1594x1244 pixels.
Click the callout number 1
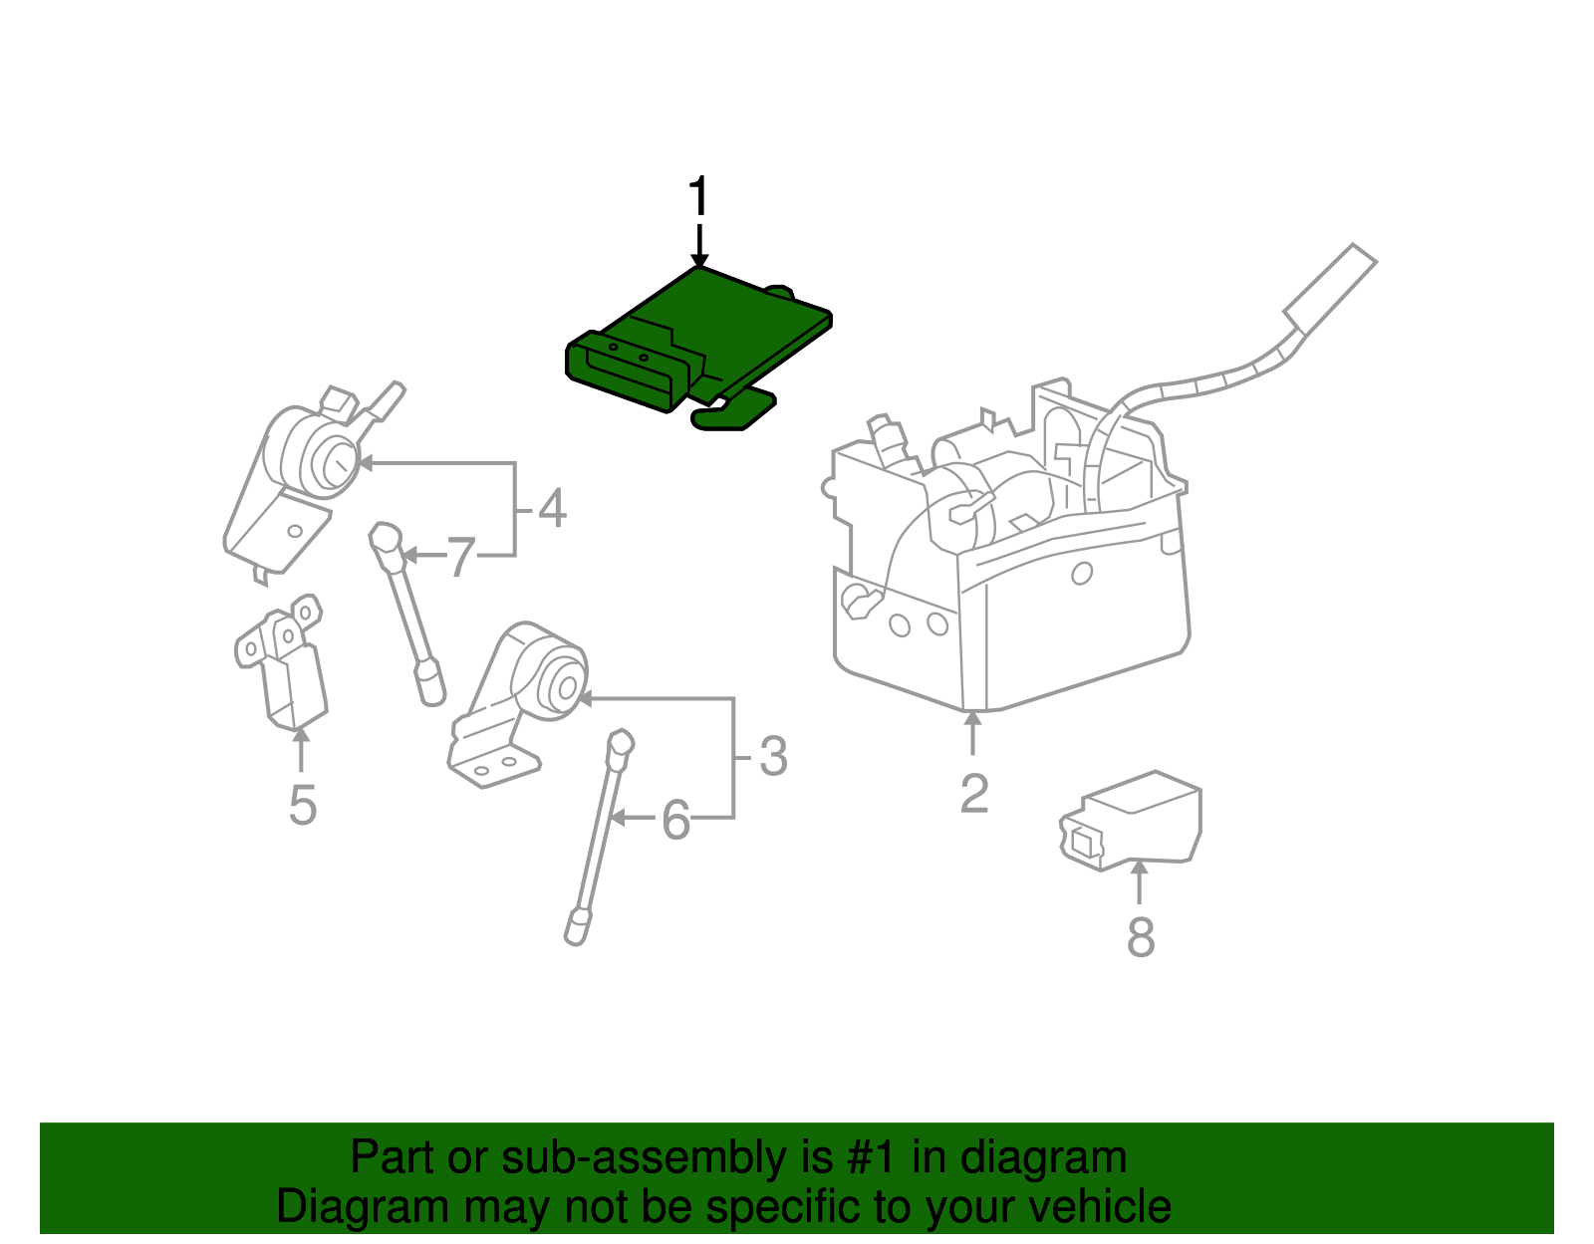(699, 197)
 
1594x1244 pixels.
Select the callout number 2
(974, 794)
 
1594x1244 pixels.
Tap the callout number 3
(773, 757)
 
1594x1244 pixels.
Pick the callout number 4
(552, 508)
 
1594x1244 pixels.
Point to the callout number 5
(302, 805)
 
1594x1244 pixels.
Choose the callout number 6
(675, 821)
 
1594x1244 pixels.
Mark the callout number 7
(459, 558)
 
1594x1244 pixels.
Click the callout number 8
(1141, 936)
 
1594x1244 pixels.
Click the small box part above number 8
(1136, 819)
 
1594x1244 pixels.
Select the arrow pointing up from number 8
(1140, 881)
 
